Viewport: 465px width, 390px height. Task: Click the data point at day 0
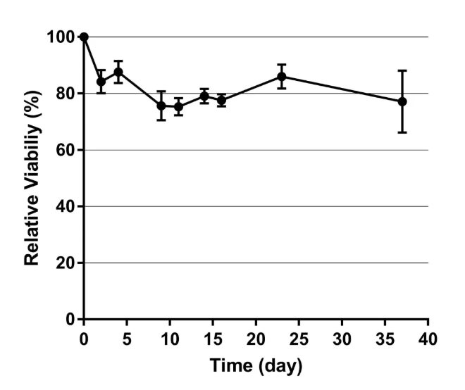(x=84, y=37)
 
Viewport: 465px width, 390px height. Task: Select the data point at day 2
(x=101, y=81)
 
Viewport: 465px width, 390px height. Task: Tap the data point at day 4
(x=118, y=72)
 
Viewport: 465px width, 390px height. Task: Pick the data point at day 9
(x=161, y=106)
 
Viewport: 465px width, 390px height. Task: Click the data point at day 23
(x=282, y=76)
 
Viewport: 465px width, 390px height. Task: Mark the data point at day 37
(x=402, y=101)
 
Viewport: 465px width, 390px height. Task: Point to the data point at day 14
(x=204, y=96)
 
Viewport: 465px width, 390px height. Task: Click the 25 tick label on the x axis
(x=299, y=339)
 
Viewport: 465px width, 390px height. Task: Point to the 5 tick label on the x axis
(x=127, y=339)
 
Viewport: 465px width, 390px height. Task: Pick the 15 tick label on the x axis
(x=213, y=339)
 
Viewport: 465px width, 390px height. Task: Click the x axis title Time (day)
(x=255, y=367)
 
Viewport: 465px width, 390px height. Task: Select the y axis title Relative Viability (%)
(x=31, y=177)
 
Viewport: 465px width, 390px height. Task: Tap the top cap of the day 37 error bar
(x=402, y=70)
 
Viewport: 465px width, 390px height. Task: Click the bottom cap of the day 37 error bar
(x=402, y=132)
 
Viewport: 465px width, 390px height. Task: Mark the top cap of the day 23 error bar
(x=282, y=64)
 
